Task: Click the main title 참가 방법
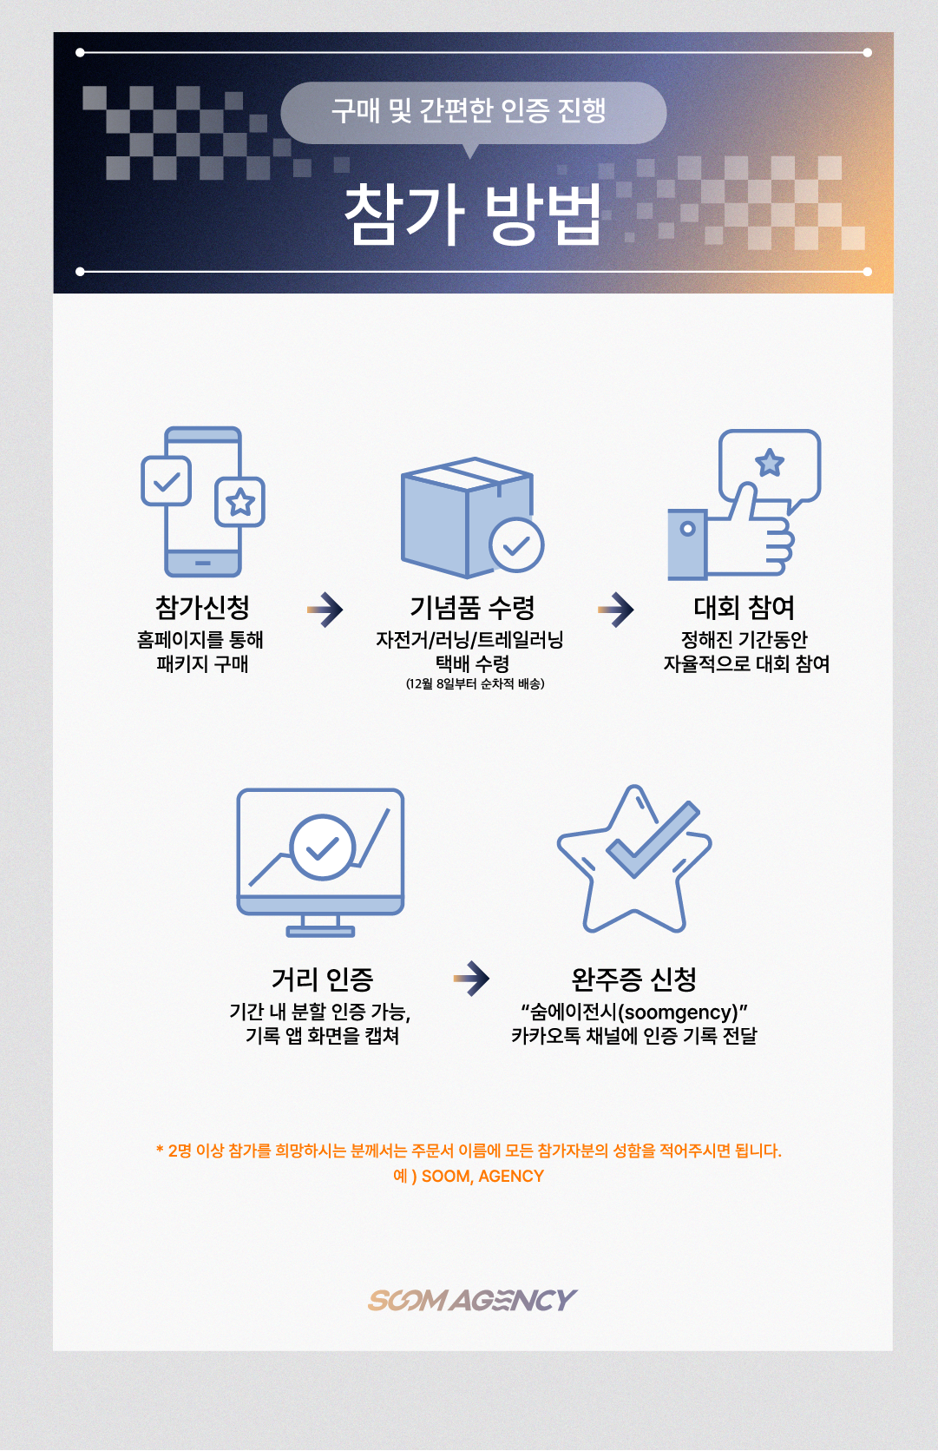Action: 473,214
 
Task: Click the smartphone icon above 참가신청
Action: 203,501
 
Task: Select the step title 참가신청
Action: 202,608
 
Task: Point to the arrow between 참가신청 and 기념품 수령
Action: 325,610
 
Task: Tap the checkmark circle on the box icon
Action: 516,544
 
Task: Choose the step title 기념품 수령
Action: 473,608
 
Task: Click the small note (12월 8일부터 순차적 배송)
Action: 476,684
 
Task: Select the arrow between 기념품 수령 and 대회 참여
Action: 615,610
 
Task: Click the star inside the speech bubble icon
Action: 770,463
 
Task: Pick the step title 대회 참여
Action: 744,608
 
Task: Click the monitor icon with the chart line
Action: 320,862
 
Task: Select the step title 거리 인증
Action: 323,979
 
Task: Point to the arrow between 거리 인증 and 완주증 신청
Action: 471,978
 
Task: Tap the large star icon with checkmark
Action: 634,859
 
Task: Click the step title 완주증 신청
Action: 633,979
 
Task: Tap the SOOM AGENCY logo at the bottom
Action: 473,1300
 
